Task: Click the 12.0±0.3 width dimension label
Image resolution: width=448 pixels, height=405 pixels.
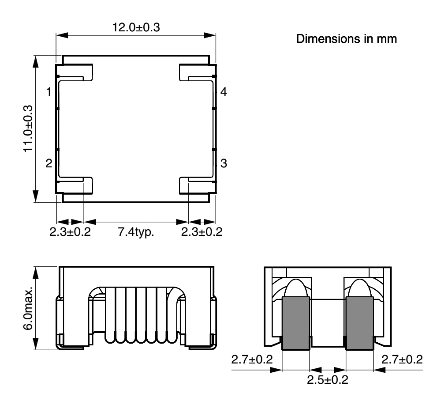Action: [136, 27]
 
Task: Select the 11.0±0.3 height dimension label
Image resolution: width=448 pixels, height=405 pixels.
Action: [28, 129]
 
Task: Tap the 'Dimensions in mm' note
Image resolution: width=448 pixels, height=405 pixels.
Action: [346, 38]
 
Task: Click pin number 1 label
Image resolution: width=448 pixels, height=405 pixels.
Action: [49, 92]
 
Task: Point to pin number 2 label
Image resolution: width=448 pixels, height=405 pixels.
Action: [49, 163]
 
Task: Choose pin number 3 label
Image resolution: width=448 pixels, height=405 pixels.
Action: [224, 163]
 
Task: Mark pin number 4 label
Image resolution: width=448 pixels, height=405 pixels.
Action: [224, 92]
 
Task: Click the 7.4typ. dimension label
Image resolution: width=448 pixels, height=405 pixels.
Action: [136, 231]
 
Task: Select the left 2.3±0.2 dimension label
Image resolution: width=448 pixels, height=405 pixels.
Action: [70, 231]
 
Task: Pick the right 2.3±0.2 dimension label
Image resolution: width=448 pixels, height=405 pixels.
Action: [202, 231]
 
